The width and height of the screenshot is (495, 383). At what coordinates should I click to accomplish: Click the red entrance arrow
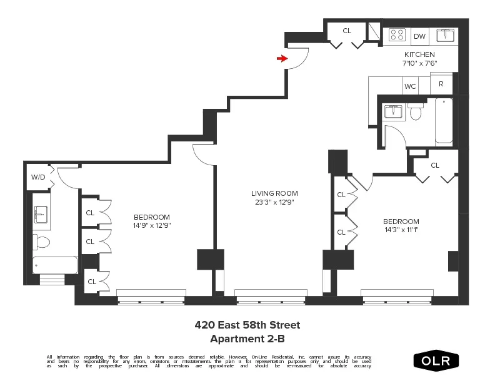click(282, 59)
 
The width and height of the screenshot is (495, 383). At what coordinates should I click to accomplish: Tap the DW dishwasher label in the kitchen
click(419, 36)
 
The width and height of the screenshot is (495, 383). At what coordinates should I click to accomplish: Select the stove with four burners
click(396, 35)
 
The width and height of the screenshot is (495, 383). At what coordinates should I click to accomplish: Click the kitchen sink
click(445, 34)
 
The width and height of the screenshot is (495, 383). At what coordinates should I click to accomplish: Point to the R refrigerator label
click(441, 84)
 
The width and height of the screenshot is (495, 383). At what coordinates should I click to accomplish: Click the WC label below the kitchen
click(410, 86)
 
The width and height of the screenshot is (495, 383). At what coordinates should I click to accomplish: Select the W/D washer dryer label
click(37, 177)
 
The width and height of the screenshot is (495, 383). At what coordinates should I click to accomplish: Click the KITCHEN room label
click(419, 54)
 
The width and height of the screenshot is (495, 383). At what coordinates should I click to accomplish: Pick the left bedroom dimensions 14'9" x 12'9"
click(151, 225)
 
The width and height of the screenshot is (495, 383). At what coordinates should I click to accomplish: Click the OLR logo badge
click(436, 361)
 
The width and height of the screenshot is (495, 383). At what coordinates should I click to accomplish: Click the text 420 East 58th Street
click(247, 325)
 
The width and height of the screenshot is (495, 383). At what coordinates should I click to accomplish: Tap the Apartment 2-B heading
click(247, 339)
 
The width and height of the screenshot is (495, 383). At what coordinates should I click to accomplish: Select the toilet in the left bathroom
click(41, 242)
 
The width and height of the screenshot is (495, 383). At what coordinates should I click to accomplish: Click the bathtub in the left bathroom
click(55, 265)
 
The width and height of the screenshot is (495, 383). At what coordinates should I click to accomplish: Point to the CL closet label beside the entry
click(347, 30)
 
